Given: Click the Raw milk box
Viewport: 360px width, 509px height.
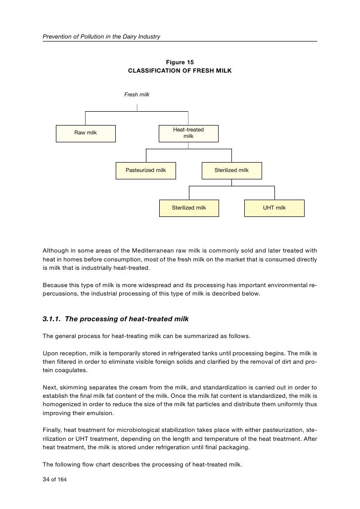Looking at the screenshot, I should click(x=86, y=132).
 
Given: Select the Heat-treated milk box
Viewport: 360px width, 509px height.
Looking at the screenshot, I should click(x=188, y=132).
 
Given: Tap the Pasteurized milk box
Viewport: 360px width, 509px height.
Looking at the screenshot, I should click(x=145, y=170).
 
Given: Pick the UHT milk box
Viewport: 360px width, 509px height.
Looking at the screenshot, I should click(x=274, y=208).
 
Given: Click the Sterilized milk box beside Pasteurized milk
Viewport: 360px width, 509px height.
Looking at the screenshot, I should click(x=231, y=170).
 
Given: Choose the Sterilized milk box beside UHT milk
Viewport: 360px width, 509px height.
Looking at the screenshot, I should click(x=188, y=208).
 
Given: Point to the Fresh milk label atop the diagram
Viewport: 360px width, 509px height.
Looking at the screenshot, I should click(x=136, y=94).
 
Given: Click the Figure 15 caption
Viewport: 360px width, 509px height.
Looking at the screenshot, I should click(x=180, y=62).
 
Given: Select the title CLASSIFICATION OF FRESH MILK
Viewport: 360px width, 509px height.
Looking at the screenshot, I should click(x=180, y=71).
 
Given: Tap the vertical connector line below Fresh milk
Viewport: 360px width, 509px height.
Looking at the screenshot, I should click(x=137, y=107).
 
